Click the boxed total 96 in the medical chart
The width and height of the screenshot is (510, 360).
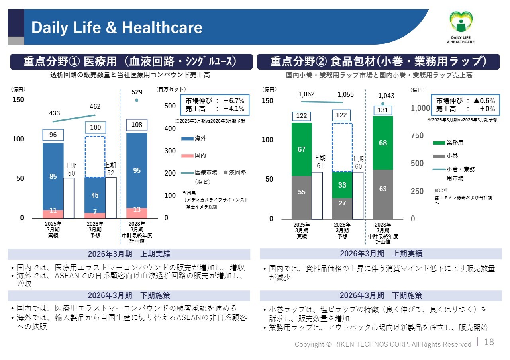[53, 135]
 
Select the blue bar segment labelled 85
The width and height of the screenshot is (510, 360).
[53, 176]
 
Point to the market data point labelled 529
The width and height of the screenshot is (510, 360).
[137, 100]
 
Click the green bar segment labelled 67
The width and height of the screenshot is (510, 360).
[302, 149]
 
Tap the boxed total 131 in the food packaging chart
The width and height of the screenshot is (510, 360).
[383, 110]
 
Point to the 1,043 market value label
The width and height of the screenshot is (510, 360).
[386, 96]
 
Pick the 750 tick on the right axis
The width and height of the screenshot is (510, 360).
[417, 136]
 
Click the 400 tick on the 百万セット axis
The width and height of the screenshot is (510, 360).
[170, 129]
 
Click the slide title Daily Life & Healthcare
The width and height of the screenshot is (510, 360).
[117, 27]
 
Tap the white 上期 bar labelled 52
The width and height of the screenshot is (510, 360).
[111, 198]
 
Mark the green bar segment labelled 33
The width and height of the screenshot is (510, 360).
[342, 185]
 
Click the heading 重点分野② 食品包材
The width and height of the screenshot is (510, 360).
[378, 62]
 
